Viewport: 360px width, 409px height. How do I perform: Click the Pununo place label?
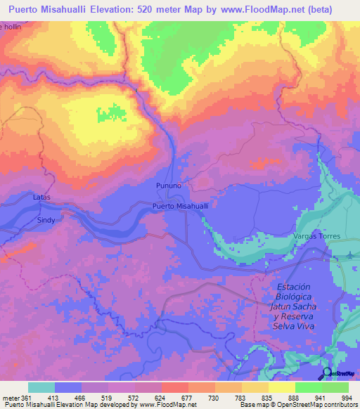[x=168, y=186]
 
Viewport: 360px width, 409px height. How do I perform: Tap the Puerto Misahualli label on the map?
[x=181, y=207]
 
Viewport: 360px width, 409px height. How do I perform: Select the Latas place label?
[x=42, y=197]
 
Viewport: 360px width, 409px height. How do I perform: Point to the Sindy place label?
[x=46, y=220]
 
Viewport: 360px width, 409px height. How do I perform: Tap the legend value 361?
[x=28, y=397]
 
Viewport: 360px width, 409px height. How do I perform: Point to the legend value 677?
[x=174, y=397]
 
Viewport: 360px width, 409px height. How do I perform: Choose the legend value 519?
[x=95, y=397]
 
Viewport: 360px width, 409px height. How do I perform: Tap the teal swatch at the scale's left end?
[x=41, y=387]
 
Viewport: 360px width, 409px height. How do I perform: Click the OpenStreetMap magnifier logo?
[x=328, y=373]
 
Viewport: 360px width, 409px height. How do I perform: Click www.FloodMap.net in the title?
[x=259, y=10]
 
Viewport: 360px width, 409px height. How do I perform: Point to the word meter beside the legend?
[x=11, y=397]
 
